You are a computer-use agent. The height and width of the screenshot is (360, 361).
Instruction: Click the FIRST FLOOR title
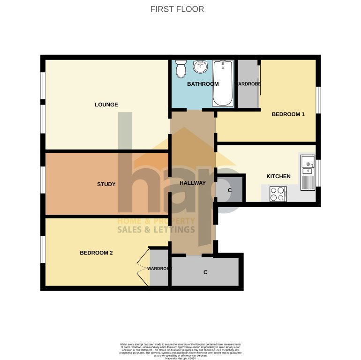(x=177, y=9)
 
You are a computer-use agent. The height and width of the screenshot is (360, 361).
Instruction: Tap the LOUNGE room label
(x=106, y=105)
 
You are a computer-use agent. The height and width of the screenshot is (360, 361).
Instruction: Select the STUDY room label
(x=106, y=184)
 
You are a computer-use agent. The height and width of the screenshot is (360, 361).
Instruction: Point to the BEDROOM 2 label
(x=96, y=253)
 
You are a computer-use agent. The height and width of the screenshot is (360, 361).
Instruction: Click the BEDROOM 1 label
(x=288, y=114)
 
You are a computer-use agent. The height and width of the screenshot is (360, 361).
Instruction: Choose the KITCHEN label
(x=278, y=176)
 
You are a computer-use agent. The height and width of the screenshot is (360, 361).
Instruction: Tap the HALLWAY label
(x=193, y=183)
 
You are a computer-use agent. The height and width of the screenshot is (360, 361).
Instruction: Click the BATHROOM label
(x=203, y=84)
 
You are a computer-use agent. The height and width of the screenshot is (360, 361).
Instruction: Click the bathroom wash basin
(x=201, y=67)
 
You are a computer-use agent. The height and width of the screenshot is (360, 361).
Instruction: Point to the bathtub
(x=223, y=83)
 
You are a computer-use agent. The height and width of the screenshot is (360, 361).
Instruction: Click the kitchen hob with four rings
(x=278, y=194)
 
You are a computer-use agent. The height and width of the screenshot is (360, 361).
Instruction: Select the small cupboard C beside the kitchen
(x=230, y=190)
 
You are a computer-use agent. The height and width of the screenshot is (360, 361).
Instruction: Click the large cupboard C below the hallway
(x=205, y=272)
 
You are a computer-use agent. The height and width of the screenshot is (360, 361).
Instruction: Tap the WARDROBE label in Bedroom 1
(x=248, y=84)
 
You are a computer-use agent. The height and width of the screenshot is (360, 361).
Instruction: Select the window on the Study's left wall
(x=43, y=180)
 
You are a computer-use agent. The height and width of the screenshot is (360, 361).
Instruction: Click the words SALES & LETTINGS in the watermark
(x=156, y=230)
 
